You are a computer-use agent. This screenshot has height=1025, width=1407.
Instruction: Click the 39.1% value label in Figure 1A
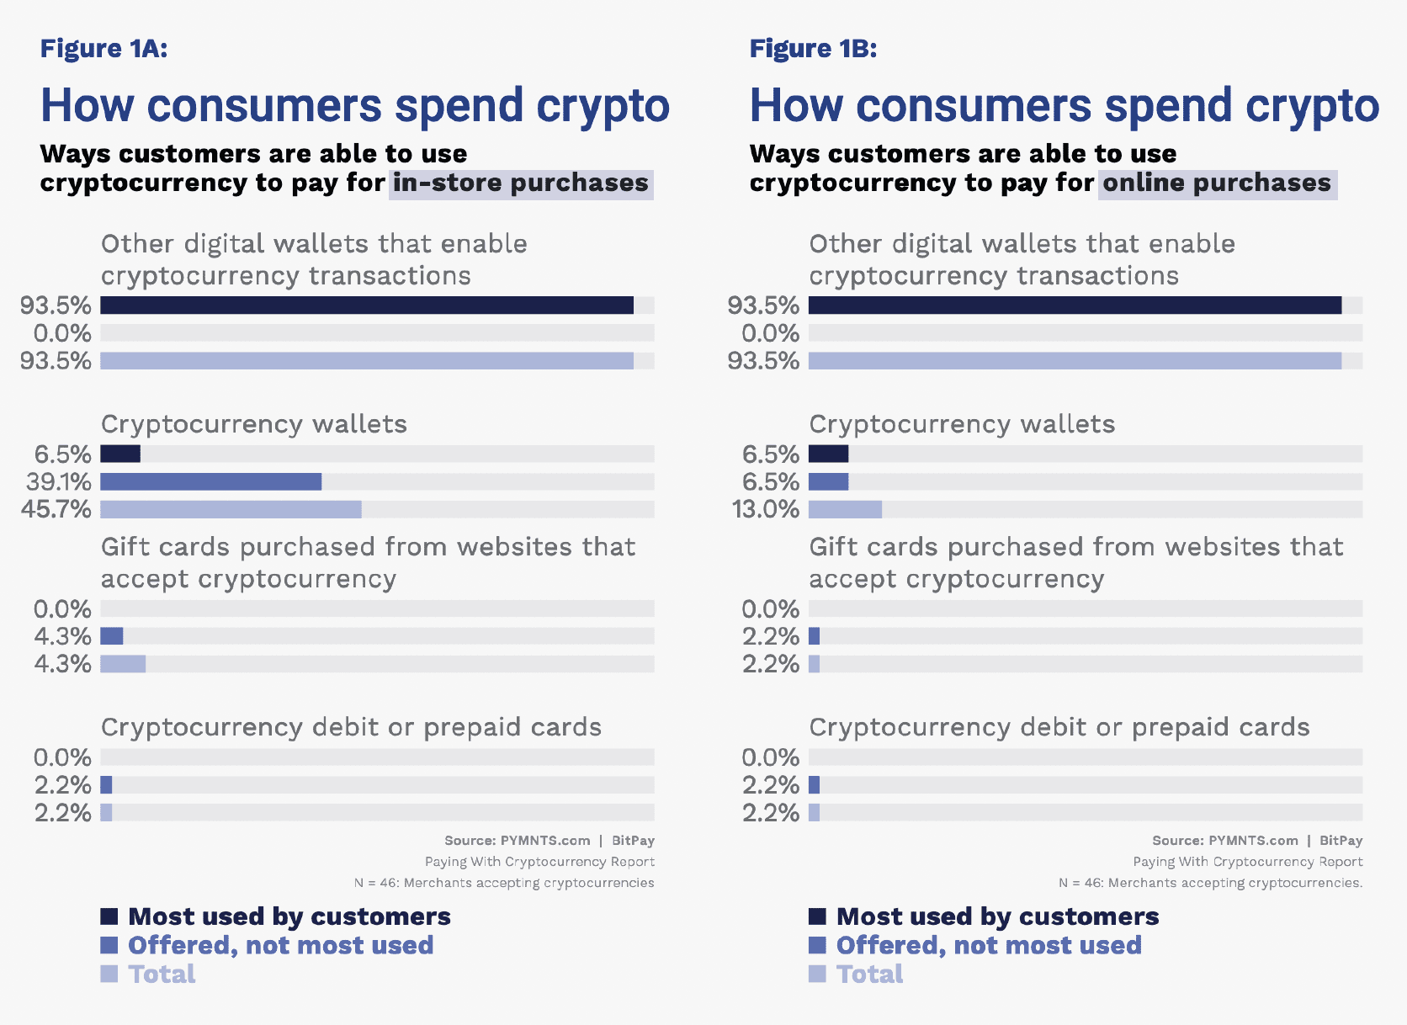click(x=58, y=481)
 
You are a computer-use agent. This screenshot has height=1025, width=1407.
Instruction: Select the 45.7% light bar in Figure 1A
click(x=231, y=509)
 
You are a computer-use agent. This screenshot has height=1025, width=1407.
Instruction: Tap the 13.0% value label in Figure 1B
click(x=766, y=509)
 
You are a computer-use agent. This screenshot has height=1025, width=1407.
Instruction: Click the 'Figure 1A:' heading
click(x=104, y=49)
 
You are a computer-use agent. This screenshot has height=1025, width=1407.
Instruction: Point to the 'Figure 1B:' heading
click(x=813, y=49)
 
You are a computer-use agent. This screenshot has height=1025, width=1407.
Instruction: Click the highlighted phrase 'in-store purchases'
click(x=521, y=183)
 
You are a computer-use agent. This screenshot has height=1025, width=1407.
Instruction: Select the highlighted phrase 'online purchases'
click(x=1217, y=183)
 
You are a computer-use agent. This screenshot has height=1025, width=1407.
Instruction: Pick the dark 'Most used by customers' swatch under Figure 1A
click(x=109, y=916)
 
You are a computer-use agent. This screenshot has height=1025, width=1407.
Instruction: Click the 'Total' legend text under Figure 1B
click(x=869, y=974)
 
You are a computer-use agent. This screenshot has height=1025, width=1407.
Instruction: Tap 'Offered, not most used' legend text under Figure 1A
click(x=280, y=945)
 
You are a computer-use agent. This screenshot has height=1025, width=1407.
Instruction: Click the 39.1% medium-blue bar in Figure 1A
click(x=210, y=481)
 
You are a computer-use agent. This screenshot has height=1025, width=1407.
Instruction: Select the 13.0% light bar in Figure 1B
click(x=845, y=509)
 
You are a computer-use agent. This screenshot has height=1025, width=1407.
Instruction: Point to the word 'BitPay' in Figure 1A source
click(x=633, y=841)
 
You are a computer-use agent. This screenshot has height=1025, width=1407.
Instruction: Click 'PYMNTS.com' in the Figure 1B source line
click(x=1253, y=841)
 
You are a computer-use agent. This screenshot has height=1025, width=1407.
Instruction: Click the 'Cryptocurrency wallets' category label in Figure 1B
click(x=962, y=424)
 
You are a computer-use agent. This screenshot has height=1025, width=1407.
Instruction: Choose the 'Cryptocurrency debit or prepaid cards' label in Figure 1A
click(x=351, y=727)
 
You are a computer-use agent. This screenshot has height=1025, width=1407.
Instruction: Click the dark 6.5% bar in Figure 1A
click(x=120, y=454)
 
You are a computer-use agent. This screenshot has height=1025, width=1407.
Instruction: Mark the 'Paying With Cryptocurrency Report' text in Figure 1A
click(x=539, y=862)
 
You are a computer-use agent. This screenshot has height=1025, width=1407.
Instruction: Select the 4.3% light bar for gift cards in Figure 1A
click(x=123, y=664)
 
